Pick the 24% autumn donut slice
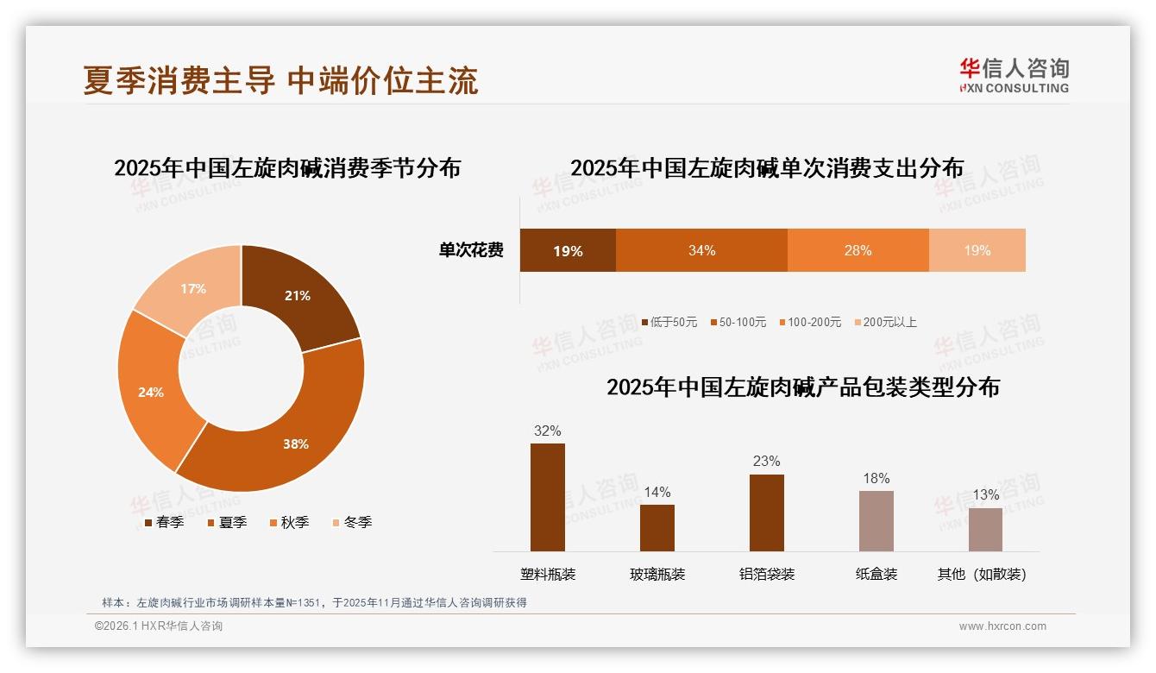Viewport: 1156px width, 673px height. pyautogui.click(x=152, y=393)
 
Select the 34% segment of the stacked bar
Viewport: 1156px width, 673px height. pyautogui.click(x=701, y=251)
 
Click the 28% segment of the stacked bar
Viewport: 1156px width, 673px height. pyautogui.click(x=858, y=251)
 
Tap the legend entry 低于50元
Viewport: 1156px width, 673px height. pyautogui.click(x=669, y=322)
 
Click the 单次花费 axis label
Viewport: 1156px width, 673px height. pyautogui.click(x=471, y=251)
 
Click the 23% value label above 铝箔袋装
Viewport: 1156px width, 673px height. pyautogui.click(x=766, y=461)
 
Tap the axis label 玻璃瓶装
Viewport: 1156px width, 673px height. pyautogui.click(x=657, y=574)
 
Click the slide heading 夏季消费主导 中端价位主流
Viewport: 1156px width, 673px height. pyautogui.click(x=280, y=80)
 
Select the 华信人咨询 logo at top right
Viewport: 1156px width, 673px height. pyautogui.click(x=1014, y=75)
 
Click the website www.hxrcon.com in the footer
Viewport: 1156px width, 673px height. pyautogui.click(x=1002, y=626)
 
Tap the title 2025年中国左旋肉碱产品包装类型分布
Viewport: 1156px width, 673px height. pyautogui.click(x=802, y=387)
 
